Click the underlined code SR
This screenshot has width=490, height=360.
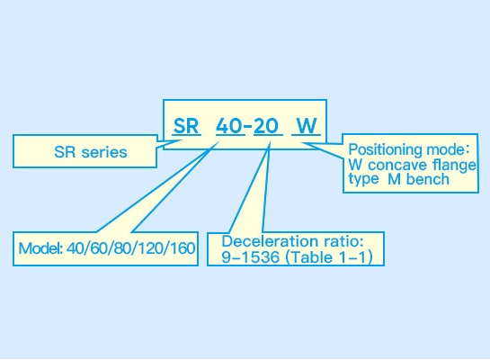[x=186, y=126]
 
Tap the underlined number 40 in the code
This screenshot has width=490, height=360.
[x=229, y=126]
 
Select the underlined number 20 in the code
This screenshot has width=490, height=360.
[x=266, y=126]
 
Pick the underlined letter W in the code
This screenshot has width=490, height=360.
[x=307, y=126]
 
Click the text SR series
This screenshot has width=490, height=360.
[x=91, y=152]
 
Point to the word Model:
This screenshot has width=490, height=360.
[x=40, y=248]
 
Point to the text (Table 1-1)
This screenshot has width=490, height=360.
[x=329, y=257]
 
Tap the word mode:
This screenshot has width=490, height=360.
[x=448, y=149]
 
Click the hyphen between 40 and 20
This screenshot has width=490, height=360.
[x=248, y=126]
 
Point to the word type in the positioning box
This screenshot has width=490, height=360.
[x=363, y=179]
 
